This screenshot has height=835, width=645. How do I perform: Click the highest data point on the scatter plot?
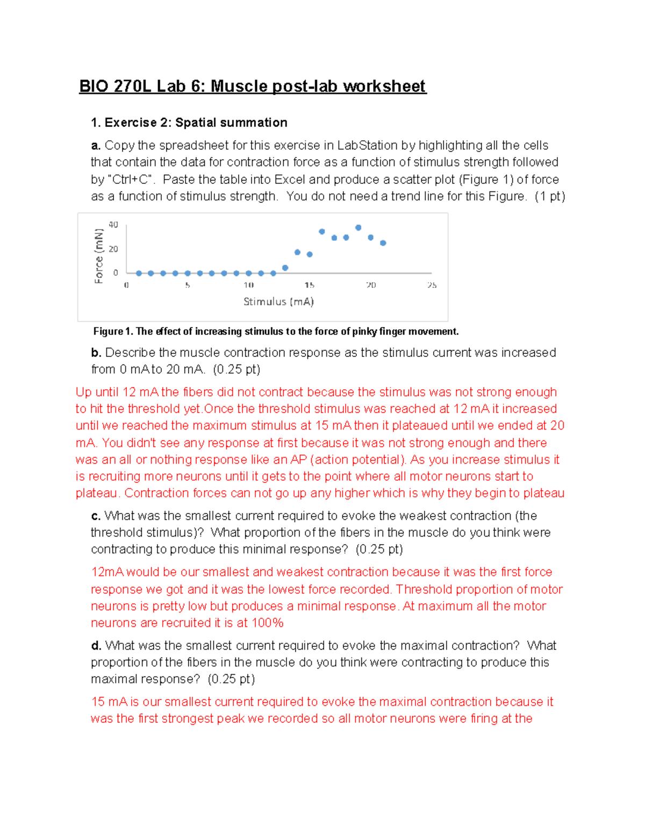tap(359, 227)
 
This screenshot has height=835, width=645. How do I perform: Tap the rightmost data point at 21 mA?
tap(383, 243)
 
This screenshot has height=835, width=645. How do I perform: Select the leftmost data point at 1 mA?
tap(139, 273)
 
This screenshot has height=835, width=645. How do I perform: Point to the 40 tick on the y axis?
tap(113, 225)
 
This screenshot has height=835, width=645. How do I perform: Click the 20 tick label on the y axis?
tap(113, 249)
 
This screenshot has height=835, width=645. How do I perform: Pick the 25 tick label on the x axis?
tap(432, 285)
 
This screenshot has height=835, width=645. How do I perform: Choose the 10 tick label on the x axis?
tap(248, 285)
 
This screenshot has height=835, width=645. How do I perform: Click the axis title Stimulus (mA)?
tap(278, 302)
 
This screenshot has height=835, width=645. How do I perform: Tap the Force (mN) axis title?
tap(98, 256)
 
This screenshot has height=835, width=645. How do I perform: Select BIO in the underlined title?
tap(94, 86)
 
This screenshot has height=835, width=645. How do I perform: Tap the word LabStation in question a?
tap(367, 145)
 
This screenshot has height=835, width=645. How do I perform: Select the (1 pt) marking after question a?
tap(550, 196)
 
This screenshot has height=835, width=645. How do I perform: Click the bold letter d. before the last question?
tap(96, 645)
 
